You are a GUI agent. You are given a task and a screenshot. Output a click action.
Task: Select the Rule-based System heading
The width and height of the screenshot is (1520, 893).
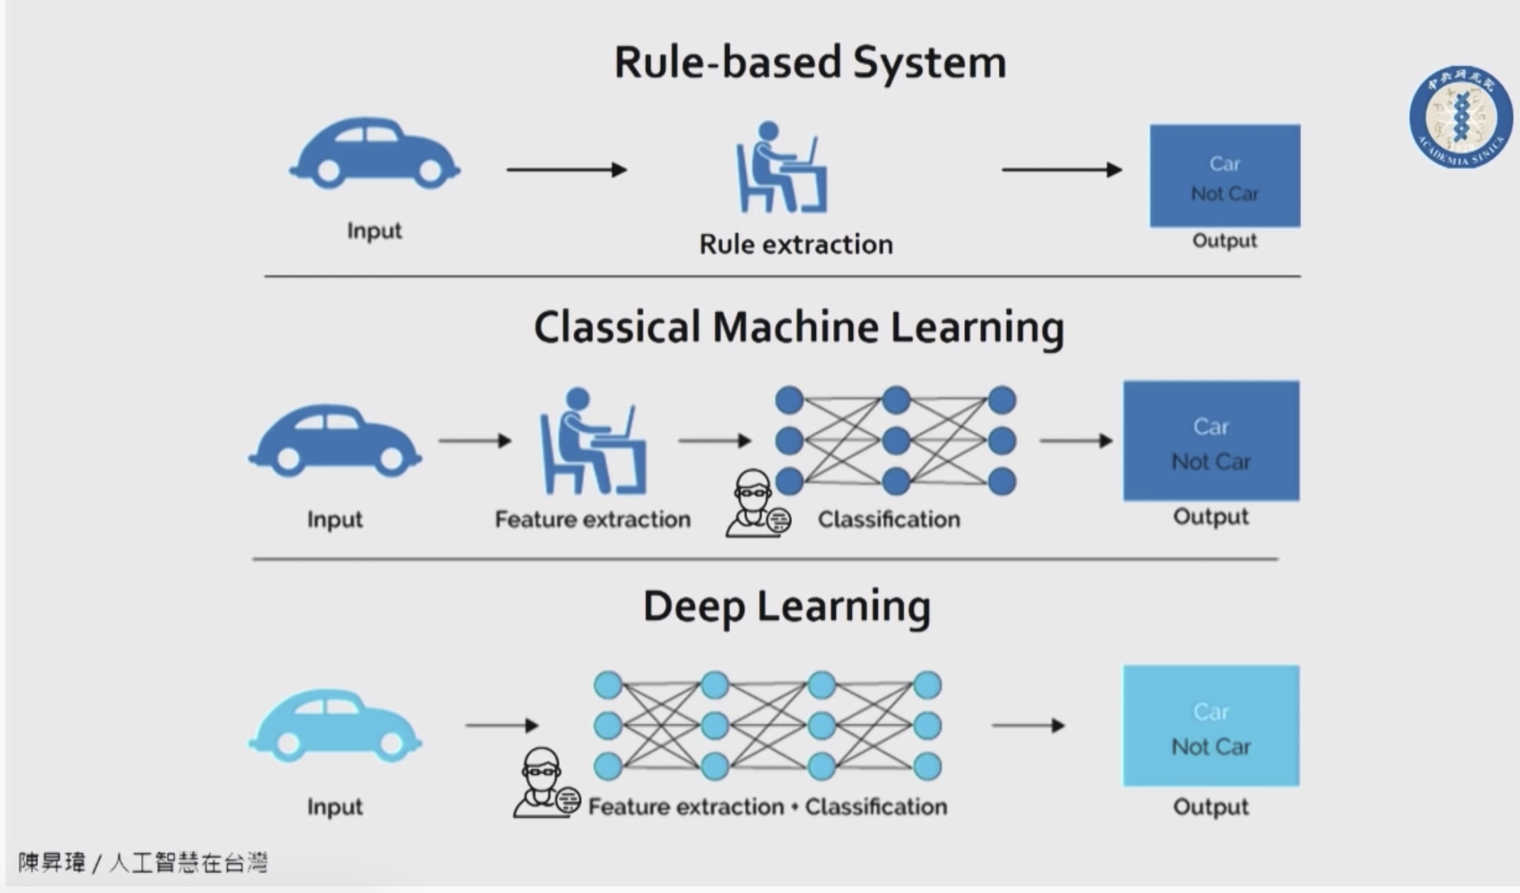(x=810, y=63)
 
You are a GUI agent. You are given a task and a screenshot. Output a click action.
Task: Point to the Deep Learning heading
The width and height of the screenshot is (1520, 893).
(x=787, y=607)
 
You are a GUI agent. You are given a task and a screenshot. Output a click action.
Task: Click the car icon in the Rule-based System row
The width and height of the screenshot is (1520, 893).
(x=374, y=153)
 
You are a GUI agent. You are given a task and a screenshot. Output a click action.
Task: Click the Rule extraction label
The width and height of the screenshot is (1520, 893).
(x=796, y=244)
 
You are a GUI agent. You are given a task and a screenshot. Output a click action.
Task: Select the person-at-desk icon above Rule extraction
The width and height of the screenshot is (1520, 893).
(x=781, y=167)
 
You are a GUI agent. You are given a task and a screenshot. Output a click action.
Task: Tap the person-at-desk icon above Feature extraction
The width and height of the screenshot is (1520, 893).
(x=592, y=441)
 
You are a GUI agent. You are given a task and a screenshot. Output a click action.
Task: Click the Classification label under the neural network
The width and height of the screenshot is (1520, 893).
(x=889, y=519)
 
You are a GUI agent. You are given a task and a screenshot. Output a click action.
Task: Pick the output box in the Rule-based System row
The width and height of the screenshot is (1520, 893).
(x=1225, y=176)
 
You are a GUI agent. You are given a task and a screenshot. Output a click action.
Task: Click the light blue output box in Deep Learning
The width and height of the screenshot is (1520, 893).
(x=1211, y=726)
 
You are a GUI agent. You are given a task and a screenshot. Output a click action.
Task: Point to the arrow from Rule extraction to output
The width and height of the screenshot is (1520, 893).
(x=1062, y=170)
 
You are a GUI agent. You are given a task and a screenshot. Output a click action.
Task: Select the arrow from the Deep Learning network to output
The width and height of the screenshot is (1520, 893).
(x=1029, y=725)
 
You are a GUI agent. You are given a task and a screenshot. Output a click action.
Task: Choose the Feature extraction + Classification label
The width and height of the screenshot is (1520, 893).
(x=768, y=807)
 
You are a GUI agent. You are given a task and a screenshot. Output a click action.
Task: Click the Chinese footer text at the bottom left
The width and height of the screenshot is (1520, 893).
(x=142, y=863)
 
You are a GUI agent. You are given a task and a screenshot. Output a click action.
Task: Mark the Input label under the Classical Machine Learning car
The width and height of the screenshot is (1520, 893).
(x=335, y=519)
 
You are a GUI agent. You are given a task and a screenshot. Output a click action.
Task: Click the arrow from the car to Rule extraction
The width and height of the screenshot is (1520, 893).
(x=567, y=170)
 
